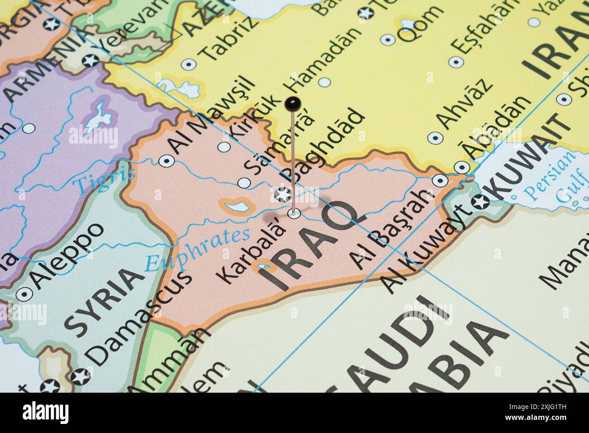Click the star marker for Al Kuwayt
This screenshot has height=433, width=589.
tap(481, 202)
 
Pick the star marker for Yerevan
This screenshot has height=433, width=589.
tap(90, 59)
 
